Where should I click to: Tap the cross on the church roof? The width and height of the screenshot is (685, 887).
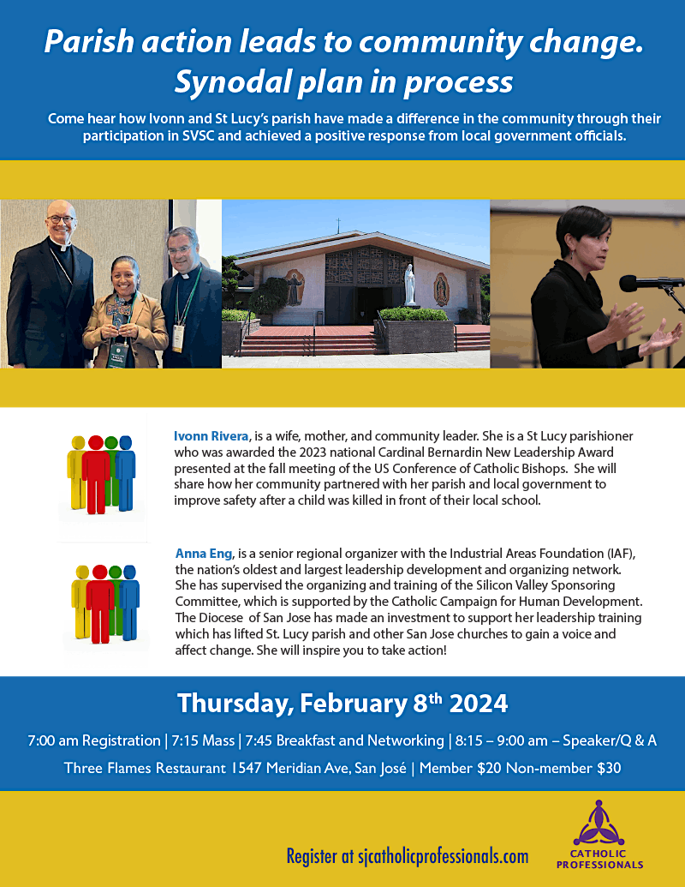coord(338,225)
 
